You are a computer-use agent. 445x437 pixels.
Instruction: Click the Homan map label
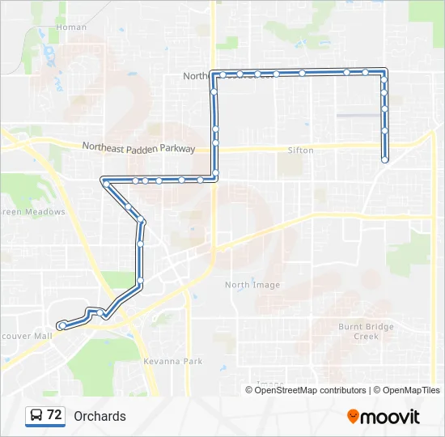point(71,28)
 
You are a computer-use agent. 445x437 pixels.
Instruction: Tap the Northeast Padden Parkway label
point(138,148)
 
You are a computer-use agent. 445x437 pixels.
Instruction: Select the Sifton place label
point(300,151)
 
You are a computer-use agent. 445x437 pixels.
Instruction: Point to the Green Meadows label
point(32,212)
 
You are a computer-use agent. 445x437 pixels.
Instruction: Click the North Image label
point(252,285)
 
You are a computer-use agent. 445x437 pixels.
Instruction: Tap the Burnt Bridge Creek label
point(366,331)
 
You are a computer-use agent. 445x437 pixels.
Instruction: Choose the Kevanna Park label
point(172,362)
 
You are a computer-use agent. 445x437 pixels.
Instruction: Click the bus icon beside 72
point(36,416)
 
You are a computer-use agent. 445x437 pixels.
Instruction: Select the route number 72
point(54,415)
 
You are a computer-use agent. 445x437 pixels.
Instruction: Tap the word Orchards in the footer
point(100,417)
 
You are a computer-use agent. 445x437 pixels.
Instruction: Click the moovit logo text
point(390,417)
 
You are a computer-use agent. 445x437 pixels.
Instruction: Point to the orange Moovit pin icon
point(353,417)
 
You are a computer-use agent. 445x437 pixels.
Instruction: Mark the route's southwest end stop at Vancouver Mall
point(62,325)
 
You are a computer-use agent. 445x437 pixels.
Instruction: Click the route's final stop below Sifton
point(384,160)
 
